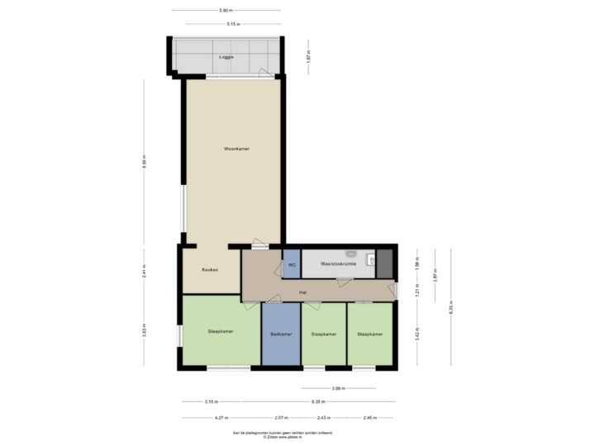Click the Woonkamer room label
tap(236, 149)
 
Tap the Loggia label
tap(226, 58)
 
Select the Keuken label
tap(210, 270)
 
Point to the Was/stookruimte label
tap(338, 263)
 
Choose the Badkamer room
tap(281, 334)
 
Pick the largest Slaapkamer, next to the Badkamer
tap(220, 332)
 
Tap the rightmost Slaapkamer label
tap(369, 334)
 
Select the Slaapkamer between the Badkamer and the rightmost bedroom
tap(323, 334)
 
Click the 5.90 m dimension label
tap(225, 10)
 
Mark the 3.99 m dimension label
tap(337, 388)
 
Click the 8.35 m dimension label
tap(317, 401)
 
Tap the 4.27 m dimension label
tap(221, 418)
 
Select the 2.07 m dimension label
tap(280, 418)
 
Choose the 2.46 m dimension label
tap(369, 418)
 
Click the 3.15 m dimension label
tap(211, 401)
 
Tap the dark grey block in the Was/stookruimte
tap(384, 262)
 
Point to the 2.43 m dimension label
tap(324, 418)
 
